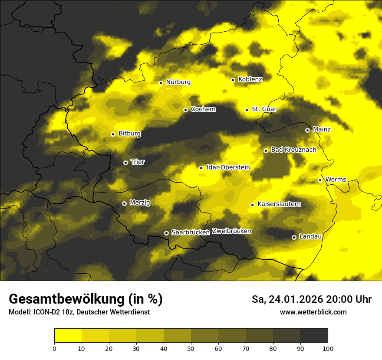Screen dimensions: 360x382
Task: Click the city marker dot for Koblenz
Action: [x=233, y=80]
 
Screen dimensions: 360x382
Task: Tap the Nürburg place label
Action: [x=178, y=82]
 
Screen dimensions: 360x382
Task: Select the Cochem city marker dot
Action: [x=185, y=110]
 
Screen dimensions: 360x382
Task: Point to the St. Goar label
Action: [x=264, y=109]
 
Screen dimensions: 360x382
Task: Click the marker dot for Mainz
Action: [x=307, y=130]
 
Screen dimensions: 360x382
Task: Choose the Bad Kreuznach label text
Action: [x=293, y=150]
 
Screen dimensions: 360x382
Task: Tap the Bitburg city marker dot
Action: [x=113, y=134]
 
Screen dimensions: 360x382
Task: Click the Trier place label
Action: [x=138, y=162]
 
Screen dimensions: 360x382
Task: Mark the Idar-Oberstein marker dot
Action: [x=201, y=168]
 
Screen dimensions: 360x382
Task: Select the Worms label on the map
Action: [x=336, y=180]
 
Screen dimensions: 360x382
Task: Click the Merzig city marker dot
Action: [x=124, y=203]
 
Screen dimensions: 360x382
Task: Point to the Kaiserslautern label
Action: [x=279, y=204]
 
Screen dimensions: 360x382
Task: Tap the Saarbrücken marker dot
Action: [x=166, y=233]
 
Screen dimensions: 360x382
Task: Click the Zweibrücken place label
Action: [x=231, y=231]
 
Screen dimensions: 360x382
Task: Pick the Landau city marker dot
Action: [x=294, y=237]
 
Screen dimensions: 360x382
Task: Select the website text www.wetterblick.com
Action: [x=313, y=312]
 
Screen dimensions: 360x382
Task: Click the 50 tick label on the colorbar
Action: [x=191, y=348]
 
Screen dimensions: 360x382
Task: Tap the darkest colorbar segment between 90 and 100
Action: [x=314, y=335]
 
